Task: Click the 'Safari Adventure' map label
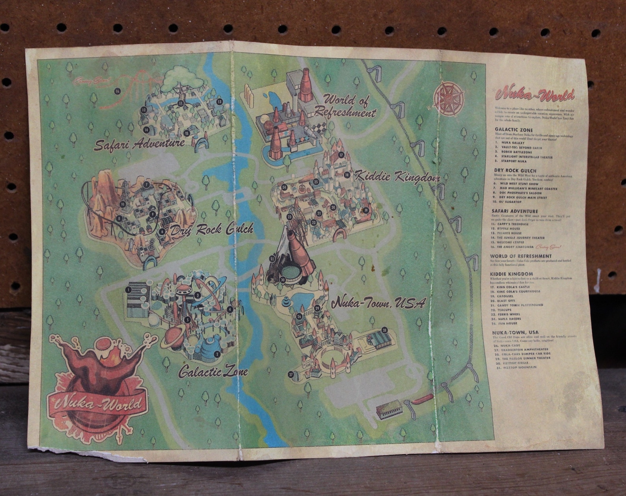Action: coord(139,144)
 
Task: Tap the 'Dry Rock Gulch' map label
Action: coord(211,230)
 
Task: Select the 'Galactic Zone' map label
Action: coord(213,371)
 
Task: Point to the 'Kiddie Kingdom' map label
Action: coord(397,177)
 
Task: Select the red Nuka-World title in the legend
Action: coord(535,95)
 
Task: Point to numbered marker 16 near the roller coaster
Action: coord(117,91)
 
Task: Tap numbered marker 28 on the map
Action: coord(385,330)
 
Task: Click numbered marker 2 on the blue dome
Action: coord(217,354)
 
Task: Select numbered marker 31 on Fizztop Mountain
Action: coord(272,259)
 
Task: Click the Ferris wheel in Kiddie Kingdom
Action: coord(294,223)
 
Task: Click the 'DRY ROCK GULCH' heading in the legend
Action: coord(515,171)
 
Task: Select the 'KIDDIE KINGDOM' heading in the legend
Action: coord(511,274)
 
